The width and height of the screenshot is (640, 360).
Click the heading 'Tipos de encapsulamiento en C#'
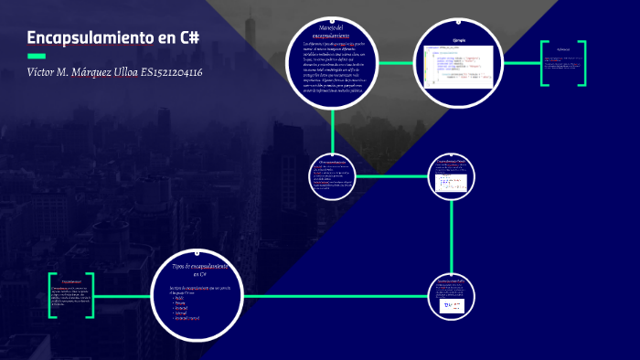tap(200, 269)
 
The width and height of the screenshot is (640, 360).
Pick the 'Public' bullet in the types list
tap(180, 297)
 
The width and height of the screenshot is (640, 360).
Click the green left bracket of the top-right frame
tap(543, 64)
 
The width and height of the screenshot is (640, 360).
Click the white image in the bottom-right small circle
tap(453, 305)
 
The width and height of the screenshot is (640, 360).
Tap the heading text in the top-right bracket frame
tap(563, 48)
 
